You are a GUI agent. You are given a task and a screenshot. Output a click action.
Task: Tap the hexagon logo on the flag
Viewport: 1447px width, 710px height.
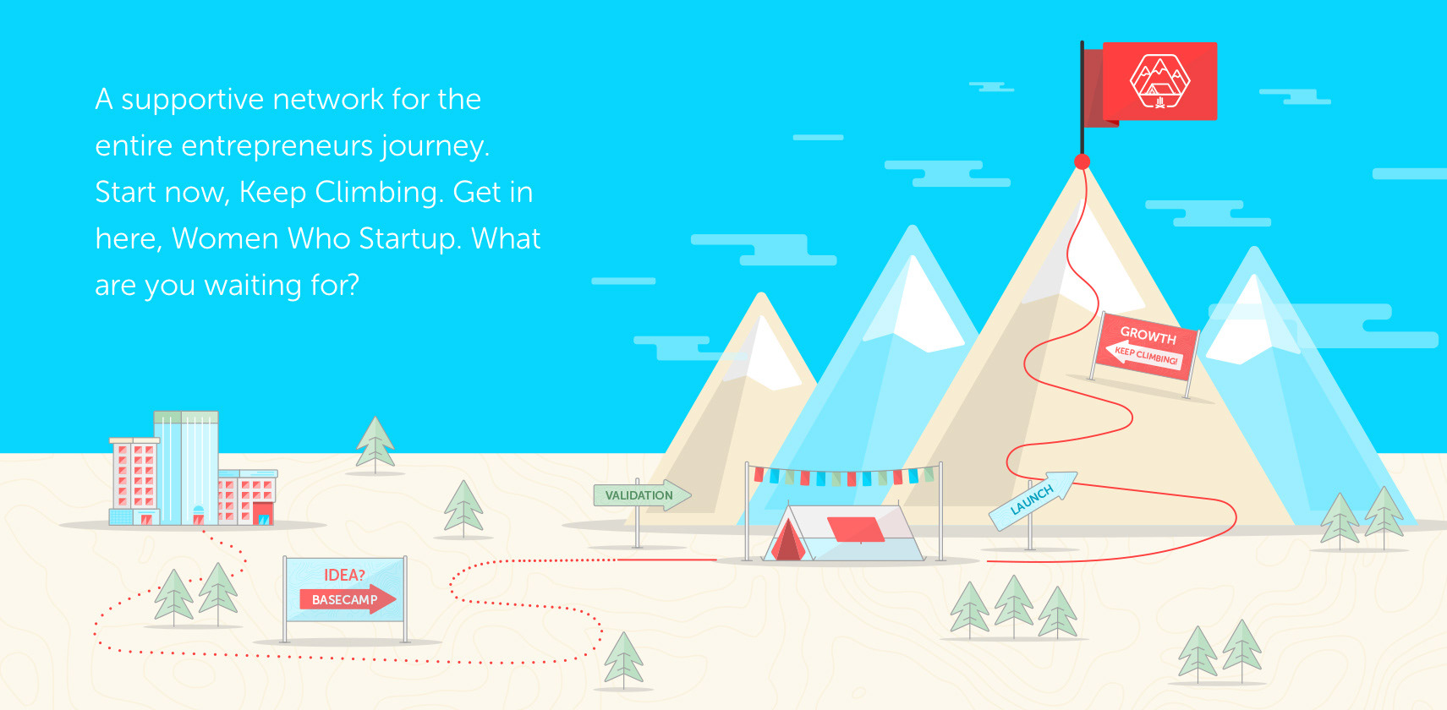(x=1159, y=80)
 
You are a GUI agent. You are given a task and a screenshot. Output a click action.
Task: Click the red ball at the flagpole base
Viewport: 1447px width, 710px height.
(x=1082, y=161)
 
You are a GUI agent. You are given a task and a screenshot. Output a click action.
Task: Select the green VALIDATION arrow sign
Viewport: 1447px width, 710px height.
(x=642, y=495)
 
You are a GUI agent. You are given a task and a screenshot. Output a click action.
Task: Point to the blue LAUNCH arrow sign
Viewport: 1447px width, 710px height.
(x=1033, y=501)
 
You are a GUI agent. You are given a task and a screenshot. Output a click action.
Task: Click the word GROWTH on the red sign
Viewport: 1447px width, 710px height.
(x=1148, y=336)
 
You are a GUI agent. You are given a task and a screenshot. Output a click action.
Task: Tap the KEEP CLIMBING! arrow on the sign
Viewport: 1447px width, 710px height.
(x=1143, y=354)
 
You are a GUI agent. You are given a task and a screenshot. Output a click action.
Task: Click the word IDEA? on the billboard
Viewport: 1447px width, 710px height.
(x=344, y=575)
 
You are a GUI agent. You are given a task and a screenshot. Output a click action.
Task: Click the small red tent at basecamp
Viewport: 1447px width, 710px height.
(x=788, y=541)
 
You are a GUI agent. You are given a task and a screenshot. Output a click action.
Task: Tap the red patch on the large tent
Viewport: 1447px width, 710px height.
(x=856, y=529)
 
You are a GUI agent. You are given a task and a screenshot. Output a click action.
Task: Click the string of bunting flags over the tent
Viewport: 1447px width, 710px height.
(x=844, y=477)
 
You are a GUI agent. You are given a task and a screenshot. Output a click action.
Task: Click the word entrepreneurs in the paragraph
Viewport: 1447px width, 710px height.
(x=277, y=146)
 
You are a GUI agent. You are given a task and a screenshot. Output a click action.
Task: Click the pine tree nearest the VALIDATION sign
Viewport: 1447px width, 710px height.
(x=463, y=509)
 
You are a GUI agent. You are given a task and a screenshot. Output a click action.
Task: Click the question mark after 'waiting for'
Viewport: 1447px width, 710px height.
(x=352, y=285)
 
